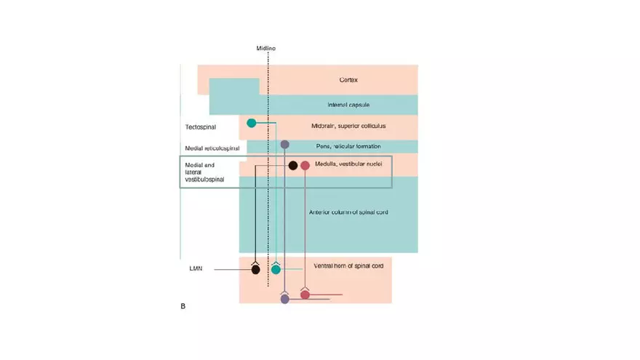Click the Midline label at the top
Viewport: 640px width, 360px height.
tap(265, 48)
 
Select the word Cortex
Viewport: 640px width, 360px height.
tap(348, 80)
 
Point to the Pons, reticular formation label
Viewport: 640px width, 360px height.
tap(348, 146)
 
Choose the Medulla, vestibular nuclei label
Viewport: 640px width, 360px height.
tap(348, 164)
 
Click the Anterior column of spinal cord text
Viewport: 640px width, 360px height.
tap(349, 212)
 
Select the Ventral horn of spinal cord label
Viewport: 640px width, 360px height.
tap(348, 266)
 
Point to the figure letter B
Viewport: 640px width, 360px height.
tap(183, 306)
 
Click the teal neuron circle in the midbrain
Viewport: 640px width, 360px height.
tap(252, 123)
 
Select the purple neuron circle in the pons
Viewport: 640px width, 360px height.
tap(285, 145)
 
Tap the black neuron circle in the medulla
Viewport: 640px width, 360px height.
tap(292, 166)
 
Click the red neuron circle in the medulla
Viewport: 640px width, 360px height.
tap(305, 166)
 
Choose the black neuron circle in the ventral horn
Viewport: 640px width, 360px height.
tap(255, 271)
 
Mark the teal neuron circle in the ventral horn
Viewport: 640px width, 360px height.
tap(276, 270)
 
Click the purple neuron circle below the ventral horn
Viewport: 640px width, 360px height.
tap(285, 299)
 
